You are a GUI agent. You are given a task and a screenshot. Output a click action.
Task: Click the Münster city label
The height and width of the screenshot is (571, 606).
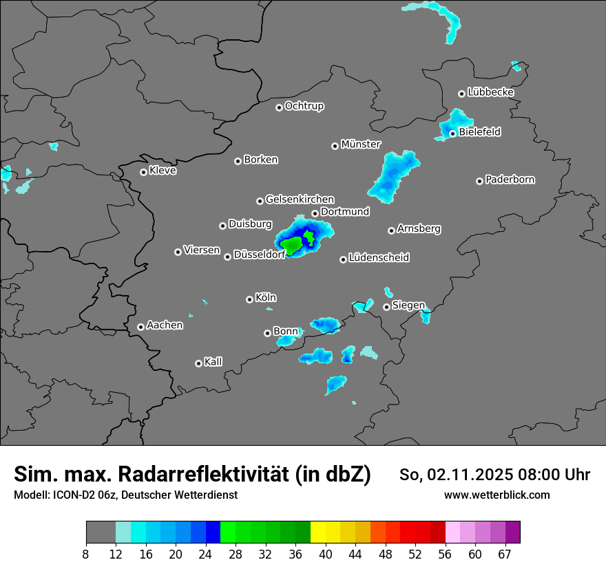(x=361, y=144)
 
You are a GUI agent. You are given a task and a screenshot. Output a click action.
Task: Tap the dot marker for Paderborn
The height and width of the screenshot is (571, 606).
(x=479, y=181)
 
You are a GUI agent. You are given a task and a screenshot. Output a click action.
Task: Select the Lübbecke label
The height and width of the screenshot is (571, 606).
(x=490, y=92)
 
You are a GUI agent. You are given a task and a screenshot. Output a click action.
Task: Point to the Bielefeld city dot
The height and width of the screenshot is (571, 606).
(x=452, y=133)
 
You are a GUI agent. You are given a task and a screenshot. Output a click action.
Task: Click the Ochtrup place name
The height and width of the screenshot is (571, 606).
(x=304, y=106)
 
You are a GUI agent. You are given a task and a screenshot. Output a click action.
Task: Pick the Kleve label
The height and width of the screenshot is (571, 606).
(x=163, y=171)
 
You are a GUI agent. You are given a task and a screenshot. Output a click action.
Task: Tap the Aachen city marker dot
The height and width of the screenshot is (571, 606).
(x=140, y=327)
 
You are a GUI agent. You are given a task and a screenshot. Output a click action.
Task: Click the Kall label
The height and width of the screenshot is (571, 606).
(x=213, y=362)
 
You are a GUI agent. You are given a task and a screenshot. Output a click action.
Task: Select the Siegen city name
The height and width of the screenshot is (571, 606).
(x=408, y=305)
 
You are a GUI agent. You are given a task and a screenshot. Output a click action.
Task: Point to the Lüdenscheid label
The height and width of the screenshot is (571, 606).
(x=379, y=258)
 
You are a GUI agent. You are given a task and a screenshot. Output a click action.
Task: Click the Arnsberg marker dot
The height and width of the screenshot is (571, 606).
(x=391, y=230)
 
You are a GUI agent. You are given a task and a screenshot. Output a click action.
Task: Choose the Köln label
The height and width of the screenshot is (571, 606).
(x=265, y=298)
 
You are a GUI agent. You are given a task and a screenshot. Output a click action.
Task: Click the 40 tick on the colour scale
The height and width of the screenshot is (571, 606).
(x=326, y=554)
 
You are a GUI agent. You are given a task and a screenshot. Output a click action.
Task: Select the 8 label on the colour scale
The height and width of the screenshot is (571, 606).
(x=85, y=554)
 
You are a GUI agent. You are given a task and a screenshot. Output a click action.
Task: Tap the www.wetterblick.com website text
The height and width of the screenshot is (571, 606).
(x=497, y=495)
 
